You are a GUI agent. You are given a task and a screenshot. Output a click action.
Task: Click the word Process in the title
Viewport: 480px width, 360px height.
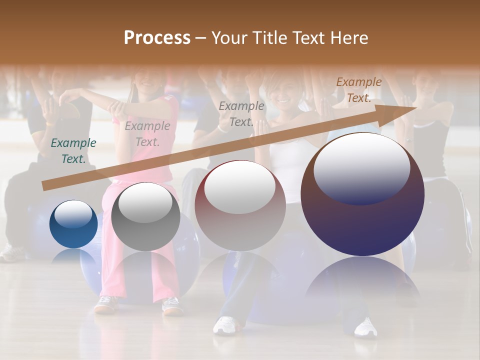pos(157,38)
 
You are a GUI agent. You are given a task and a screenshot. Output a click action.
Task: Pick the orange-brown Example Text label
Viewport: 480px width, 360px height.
pos(359,90)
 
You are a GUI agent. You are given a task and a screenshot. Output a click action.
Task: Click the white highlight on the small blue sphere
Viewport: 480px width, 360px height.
pos(73,214)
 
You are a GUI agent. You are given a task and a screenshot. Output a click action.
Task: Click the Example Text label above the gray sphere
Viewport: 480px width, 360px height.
pos(147,134)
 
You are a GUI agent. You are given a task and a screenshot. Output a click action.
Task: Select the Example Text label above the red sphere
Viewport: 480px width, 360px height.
pos(241,114)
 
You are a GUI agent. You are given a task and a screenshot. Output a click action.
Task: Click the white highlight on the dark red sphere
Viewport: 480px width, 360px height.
pos(240,187)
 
